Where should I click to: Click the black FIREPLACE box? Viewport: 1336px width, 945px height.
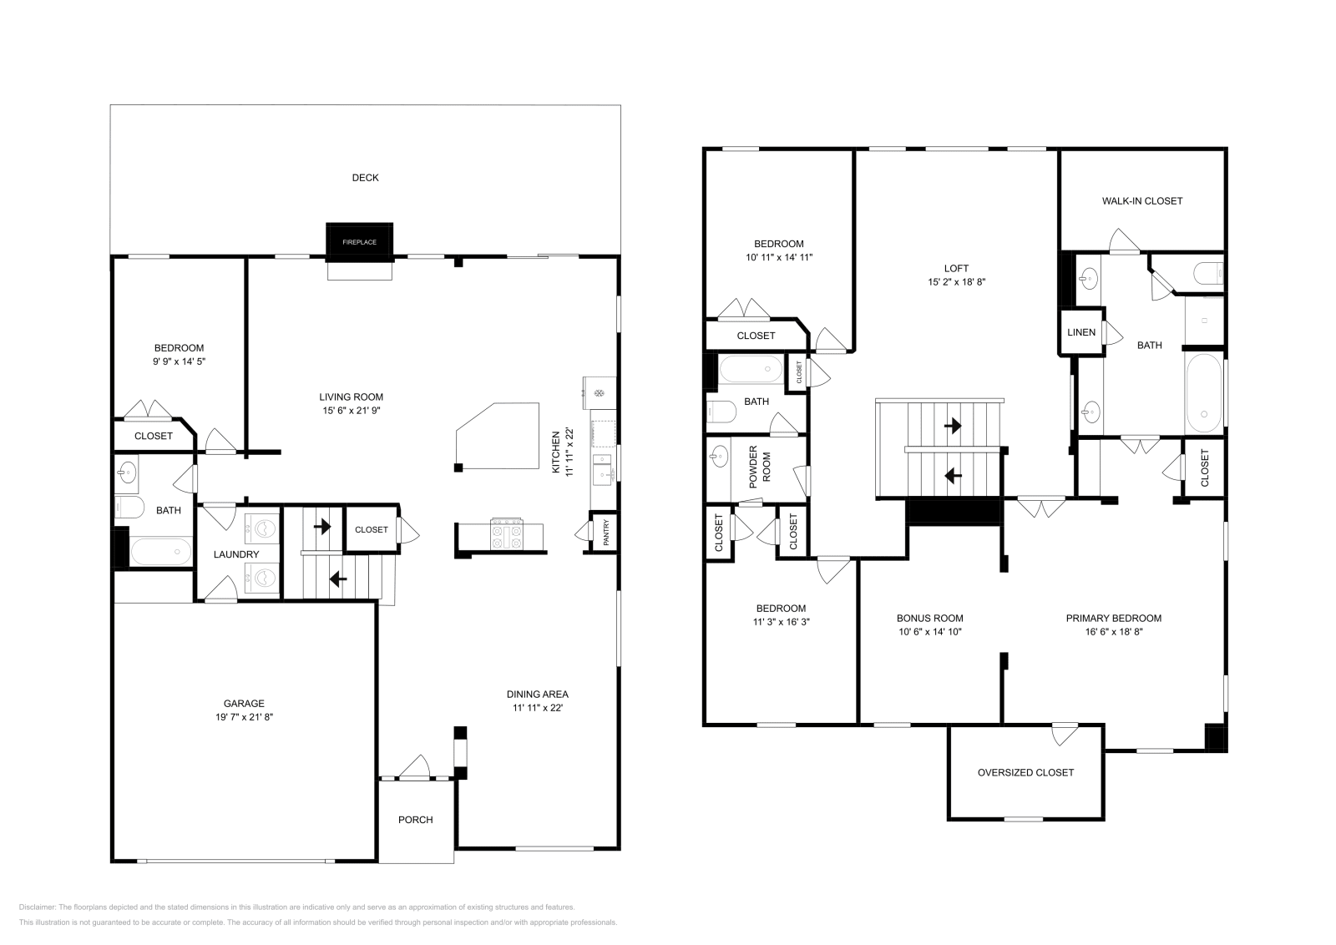pyautogui.click(x=359, y=241)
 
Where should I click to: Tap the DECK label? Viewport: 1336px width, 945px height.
pyautogui.click(x=365, y=178)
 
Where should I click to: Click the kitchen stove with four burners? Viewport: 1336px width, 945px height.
pyautogui.click(x=507, y=534)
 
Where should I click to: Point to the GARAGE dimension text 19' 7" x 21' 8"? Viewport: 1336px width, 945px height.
pyautogui.click(x=243, y=717)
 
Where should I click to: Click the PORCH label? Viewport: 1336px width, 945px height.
pyautogui.click(x=415, y=820)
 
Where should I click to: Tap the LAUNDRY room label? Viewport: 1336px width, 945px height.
pyautogui.click(x=236, y=554)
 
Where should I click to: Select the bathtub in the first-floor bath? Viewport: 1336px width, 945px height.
pyautogui.click(x=159, y=551)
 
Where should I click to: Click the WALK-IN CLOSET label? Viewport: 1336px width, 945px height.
pyautogui.click(x=1141, y=201)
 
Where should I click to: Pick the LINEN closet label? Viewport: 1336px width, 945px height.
pyautogui.click(x=1080, y=332)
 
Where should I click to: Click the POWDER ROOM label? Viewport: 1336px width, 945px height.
pyautogui.click(x=759, y=467)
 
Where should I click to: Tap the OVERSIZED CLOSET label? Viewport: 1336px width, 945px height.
pyautogui.click(x=1025, y=773)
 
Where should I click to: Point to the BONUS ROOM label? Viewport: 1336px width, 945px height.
pyautogui.click(x=930, y=619)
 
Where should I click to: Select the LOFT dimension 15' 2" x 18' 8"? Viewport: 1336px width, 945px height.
pyautogui.click(x=956, y=282)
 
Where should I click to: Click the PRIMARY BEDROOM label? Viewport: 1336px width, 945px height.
pyautogui.click(x=1113, y=619)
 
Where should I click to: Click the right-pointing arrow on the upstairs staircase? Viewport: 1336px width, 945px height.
pyautogui.click(x=952, y=427)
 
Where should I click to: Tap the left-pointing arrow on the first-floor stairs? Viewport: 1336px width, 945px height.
pyautogui.click(x=337, y=578)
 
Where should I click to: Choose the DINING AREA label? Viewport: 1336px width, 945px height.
pyautogui.click(x=537, y=695)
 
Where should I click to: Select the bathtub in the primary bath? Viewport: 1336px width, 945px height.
pyautogui.click(x=1203, y=392)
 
